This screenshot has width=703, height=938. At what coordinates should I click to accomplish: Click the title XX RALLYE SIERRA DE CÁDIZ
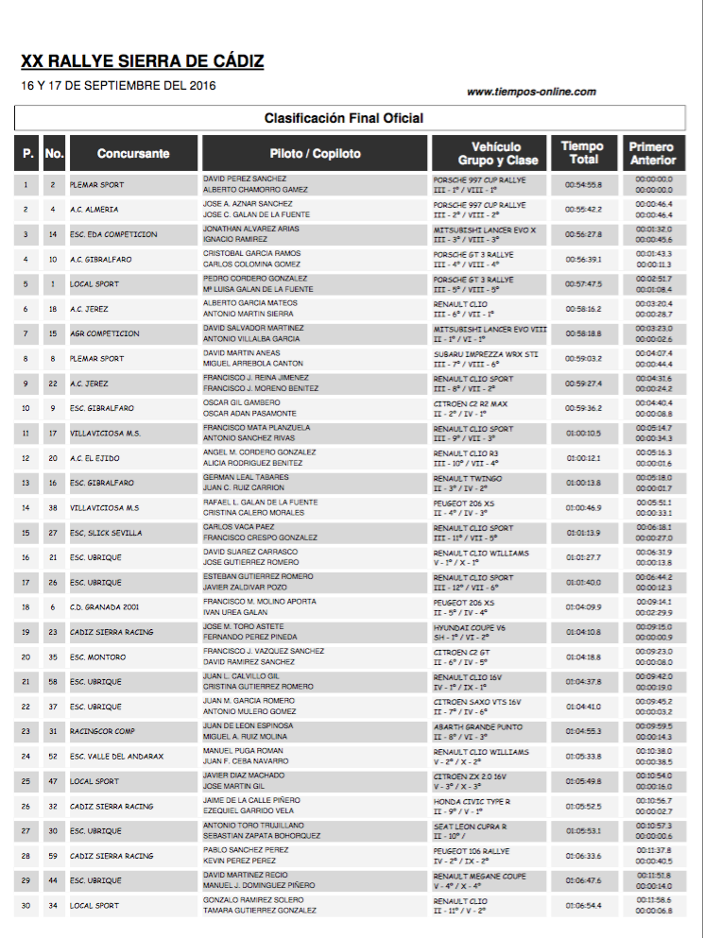coord(143,62)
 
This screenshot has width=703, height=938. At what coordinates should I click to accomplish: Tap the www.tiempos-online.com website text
coord(531,92)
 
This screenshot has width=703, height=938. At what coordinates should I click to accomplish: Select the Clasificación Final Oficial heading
coord(343,118)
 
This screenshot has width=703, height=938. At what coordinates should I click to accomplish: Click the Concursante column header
coord(133,153)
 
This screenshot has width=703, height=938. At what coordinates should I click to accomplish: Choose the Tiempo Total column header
coord(582,153)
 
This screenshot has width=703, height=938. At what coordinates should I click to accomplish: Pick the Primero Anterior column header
coord(652,153)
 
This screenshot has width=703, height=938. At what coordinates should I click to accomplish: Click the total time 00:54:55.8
coord(583,184)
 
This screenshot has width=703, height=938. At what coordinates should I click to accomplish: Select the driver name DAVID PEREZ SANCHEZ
coord(245,178)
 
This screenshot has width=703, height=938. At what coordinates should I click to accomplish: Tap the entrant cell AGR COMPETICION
coord(105,333)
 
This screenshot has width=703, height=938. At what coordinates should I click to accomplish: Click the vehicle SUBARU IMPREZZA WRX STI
coord(486,353)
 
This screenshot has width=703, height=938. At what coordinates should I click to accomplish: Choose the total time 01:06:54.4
coord(583,906)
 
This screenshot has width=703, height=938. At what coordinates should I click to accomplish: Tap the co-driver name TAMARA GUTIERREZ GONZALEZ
coord(260,911)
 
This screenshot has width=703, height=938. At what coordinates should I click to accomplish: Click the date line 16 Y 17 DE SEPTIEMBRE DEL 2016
coord(118,85)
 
